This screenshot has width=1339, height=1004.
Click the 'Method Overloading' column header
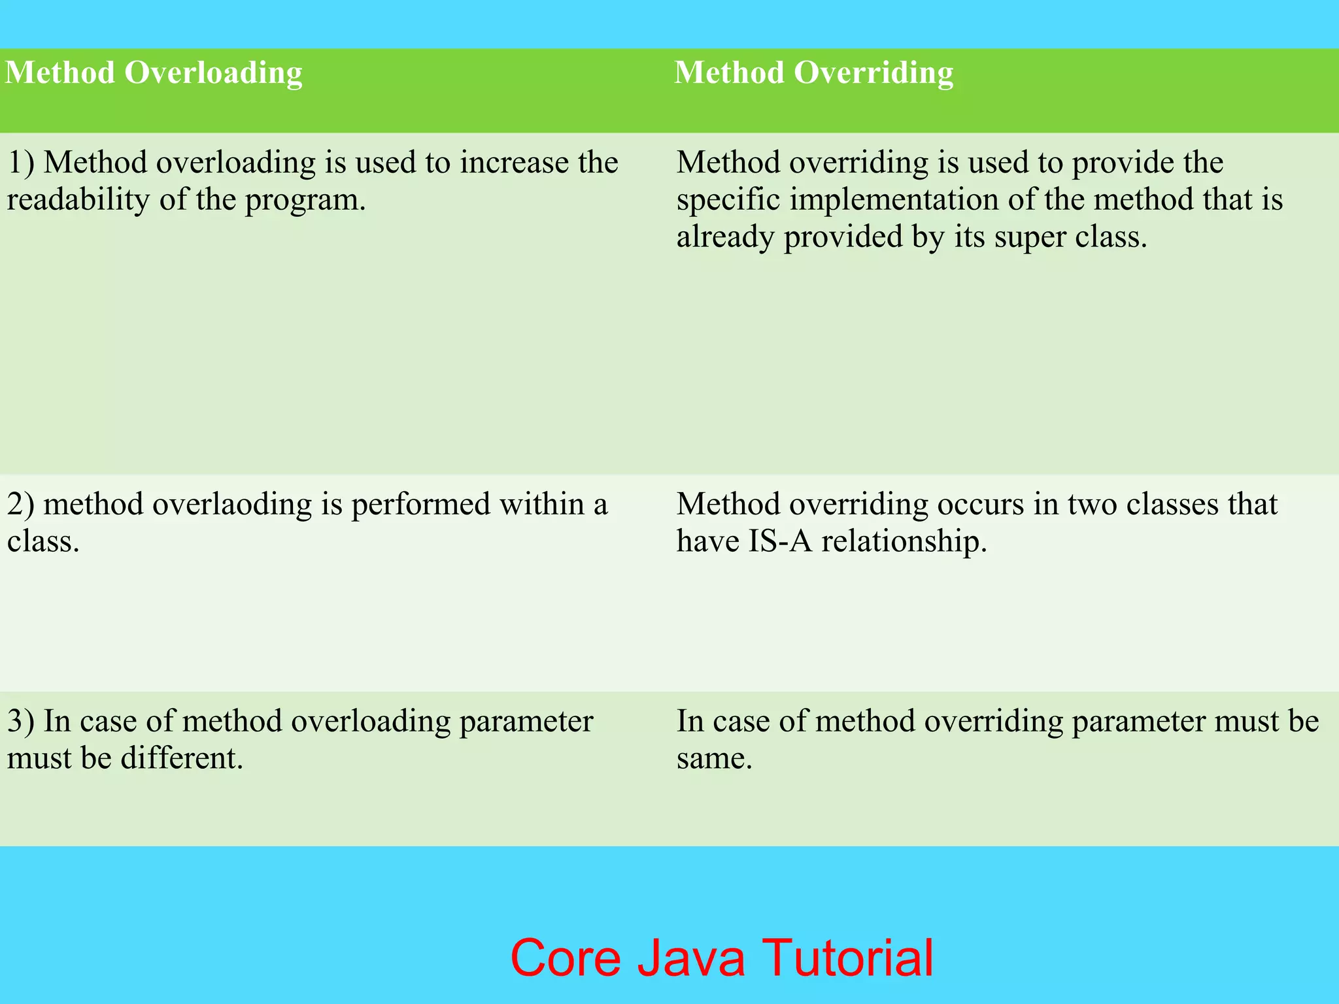coord(154,73)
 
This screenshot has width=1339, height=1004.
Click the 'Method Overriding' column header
coord(813,73)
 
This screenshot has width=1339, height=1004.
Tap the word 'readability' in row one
coord(78,199)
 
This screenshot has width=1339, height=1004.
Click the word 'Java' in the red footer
coord(690,958)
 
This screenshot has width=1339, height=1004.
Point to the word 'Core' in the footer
coord(565,958)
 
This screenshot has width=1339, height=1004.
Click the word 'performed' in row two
coord(421,505)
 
